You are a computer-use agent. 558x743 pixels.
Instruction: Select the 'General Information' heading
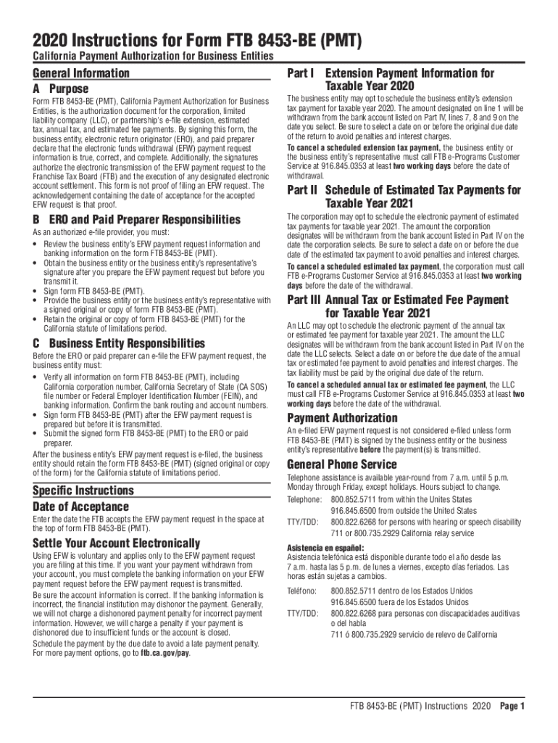click(81, 73)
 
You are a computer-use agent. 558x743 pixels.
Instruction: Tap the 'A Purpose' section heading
click(61, 89)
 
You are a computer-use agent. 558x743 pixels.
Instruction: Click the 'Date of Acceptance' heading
click(80, 506)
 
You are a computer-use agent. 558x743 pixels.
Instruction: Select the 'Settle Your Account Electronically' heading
click(116, 543)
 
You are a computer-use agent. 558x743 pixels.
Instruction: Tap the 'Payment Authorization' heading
click(342, 418)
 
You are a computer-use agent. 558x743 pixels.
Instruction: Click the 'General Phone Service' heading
click(342, 464)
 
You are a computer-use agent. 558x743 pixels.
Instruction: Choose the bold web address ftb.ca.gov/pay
click(165, 653)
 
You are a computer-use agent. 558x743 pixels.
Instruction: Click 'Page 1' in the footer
click(512, 706)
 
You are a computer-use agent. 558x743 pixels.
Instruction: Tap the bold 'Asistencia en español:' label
click(325, 547)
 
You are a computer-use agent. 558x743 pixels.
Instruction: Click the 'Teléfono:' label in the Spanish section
click(302, 591)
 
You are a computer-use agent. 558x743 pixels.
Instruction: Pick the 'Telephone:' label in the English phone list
click(304, 500)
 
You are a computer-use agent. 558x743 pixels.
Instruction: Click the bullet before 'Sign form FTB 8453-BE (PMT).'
click(36, 291)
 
